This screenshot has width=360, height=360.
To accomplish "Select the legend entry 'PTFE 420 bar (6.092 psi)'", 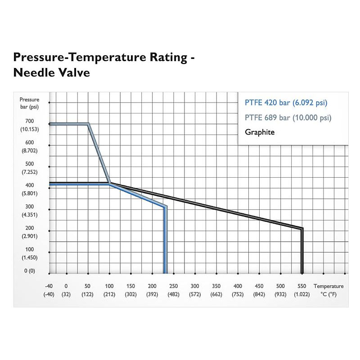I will coord(286,103).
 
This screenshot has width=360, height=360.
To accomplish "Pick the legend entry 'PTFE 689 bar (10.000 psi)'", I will coord(288,118).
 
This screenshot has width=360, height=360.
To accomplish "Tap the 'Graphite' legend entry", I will coord(260,132).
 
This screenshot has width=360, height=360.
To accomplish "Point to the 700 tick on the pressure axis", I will coord(30,121).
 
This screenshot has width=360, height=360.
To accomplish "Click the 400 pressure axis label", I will coord(30,185).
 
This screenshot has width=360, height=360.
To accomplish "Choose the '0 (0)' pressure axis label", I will coord(30,270).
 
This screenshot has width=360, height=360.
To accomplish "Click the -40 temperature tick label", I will coord(49,286).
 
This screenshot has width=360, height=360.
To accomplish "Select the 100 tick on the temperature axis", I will coord(109,286).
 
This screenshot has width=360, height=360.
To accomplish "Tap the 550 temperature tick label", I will coord(302,286).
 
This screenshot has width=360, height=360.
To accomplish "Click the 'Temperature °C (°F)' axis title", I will coord(328,290).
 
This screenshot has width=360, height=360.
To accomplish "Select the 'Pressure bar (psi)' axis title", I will coord(30,103).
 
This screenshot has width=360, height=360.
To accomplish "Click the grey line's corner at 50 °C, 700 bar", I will coord(88,124).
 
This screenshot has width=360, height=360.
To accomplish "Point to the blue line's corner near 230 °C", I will coord(166,207).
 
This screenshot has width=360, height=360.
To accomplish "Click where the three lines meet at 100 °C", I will coord(110,183).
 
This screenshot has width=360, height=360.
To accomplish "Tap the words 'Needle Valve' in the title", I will coord(52,72).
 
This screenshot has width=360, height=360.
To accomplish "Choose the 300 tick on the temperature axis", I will coord(195,286).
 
